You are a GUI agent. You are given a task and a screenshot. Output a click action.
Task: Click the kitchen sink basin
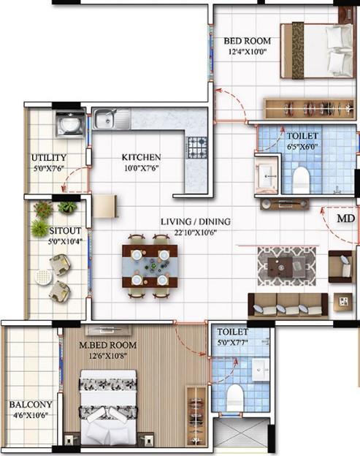pyautogui.click(x=105, y=119)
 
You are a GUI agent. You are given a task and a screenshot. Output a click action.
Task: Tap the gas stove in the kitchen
pyautogui.click(x=197, y=148)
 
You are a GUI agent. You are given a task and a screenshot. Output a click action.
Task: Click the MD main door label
pyautogui.click(x=346, y=218)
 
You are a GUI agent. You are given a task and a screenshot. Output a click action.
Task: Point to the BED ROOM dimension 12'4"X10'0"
pyautogui.click(x=248, y=52)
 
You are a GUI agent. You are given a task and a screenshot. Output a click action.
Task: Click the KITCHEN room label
pyautogui.click(x=141, y=157)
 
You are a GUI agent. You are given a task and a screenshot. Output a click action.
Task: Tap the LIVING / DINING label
pyautogui.click(x=196, y=221)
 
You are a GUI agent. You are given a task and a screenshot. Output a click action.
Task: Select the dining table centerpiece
pyautogui.click(x=154, y=265)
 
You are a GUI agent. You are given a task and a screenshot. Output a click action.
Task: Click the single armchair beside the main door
pyautogui.click(x=340, y=267)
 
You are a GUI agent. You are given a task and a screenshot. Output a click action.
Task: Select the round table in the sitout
pyautogui.click(x=44, y=278)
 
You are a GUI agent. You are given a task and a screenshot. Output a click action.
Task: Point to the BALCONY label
pyautogui.click(x=31, y=405)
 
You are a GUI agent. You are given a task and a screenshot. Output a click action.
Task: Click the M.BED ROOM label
pyautogui.click(x=108, y=345)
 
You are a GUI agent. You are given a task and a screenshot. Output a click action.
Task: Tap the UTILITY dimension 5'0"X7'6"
pyautogui.click(x=48, y=168)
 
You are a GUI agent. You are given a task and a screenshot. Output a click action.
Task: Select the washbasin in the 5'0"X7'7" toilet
pyautogui.click(x=261, y=369)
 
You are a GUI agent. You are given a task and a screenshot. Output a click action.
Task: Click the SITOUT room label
pyautogui.click(x=65, y=231)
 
